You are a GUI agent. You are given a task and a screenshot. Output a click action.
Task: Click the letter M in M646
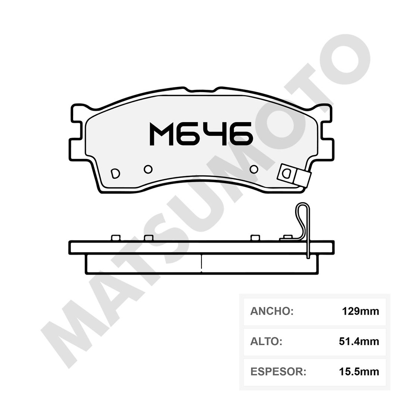(162, 134)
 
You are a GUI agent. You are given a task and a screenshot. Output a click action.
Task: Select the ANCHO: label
(272, 311)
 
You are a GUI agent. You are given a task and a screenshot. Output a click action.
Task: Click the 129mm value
(360, 311)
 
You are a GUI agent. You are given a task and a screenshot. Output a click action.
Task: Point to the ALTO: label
(266, 341)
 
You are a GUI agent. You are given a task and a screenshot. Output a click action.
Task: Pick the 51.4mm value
(359, 341)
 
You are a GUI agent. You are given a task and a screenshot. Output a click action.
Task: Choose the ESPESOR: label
(278, 371)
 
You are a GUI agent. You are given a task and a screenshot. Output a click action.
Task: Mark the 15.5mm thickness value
(359, 371)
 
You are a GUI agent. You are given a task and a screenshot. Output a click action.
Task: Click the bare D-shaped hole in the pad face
(115, 173)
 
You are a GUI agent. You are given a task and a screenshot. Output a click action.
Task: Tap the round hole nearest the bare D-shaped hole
(148, 169)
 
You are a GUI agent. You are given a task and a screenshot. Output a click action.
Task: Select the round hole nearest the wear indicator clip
(254, 169)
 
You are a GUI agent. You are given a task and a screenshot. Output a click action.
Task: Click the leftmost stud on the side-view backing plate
(115, 238)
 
